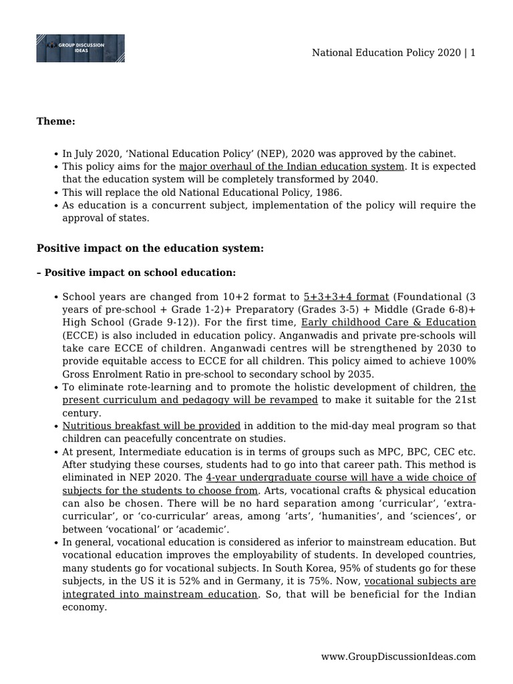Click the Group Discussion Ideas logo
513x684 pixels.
(80, 48)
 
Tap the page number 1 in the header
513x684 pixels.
(472, 53)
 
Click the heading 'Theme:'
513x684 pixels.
(55, 121)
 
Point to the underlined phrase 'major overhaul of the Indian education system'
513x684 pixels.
(291, 166)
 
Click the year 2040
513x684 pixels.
(365, 179)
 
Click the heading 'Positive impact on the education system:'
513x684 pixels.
(150, 248)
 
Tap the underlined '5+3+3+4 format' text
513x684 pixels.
(346, 297)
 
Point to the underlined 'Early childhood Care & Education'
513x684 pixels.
(388, 322)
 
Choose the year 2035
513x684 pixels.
(359, 373)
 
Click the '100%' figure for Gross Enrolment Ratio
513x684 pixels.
(462, 361)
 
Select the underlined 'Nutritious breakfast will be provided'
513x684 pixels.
(151, 425)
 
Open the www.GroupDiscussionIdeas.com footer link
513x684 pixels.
(398, 657)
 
